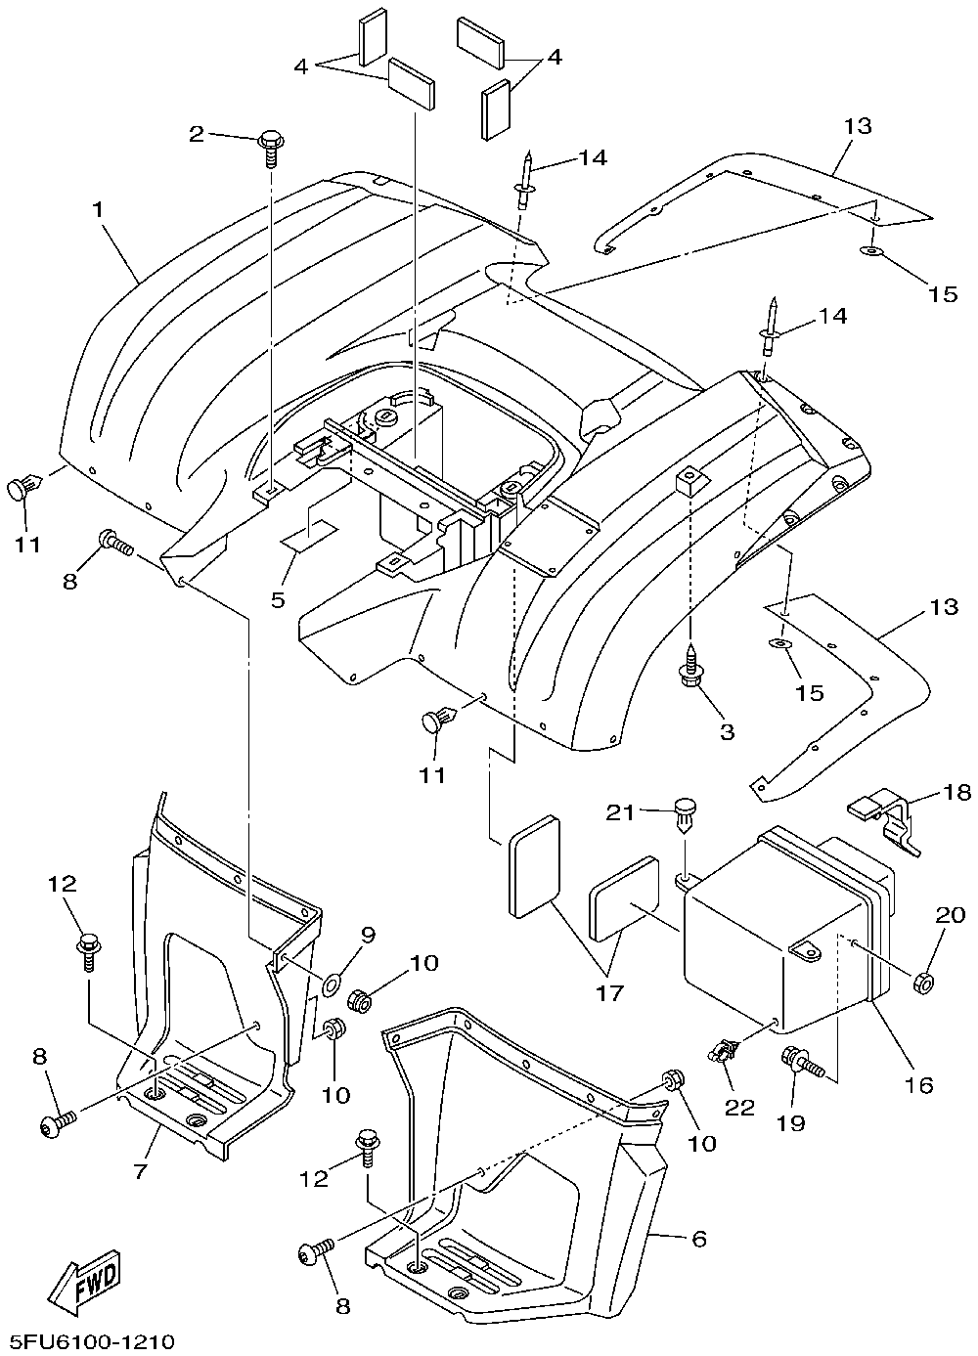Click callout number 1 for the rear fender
coord(97,210)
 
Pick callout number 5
coord(278,599)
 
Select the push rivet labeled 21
coord(686,816)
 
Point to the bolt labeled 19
coord(803,1061)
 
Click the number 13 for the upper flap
coord(858,126)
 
